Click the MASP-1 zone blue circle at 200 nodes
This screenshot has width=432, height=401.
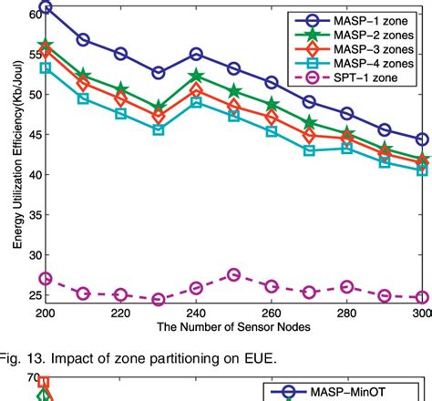click(x=46, y=7)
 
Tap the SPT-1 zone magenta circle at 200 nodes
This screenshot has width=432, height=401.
click(x=46, y=279)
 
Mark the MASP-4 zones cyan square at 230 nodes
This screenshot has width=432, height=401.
click(x=159, y=129)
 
